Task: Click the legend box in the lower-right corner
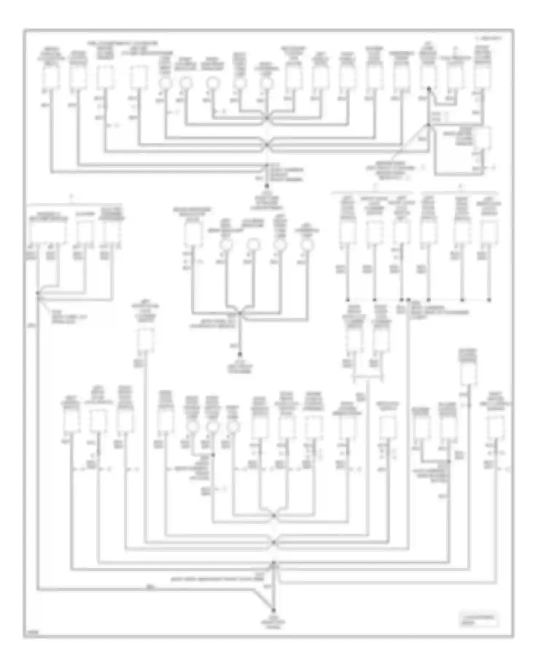pyautogui.click(x=478, y=620)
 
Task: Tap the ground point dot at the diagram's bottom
pyautogui.click(x=273, y=610)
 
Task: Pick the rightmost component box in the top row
pyautogui.click(x=482, y=77)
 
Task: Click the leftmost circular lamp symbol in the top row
pyautogui.click(x=166, y=83)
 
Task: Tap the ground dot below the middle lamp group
pyautogui.click(x=240, y=354)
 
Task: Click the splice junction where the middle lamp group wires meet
pyautogui.click(x=240, y=313)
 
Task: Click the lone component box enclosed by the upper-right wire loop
pyautogui.click(x=482, y=138)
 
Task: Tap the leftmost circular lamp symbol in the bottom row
pyautogui.click(x=192, y=427)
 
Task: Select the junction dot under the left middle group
pyautogui.click(x=38, y=293)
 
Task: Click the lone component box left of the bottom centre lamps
pyautogui.click(x=146, y=339)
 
